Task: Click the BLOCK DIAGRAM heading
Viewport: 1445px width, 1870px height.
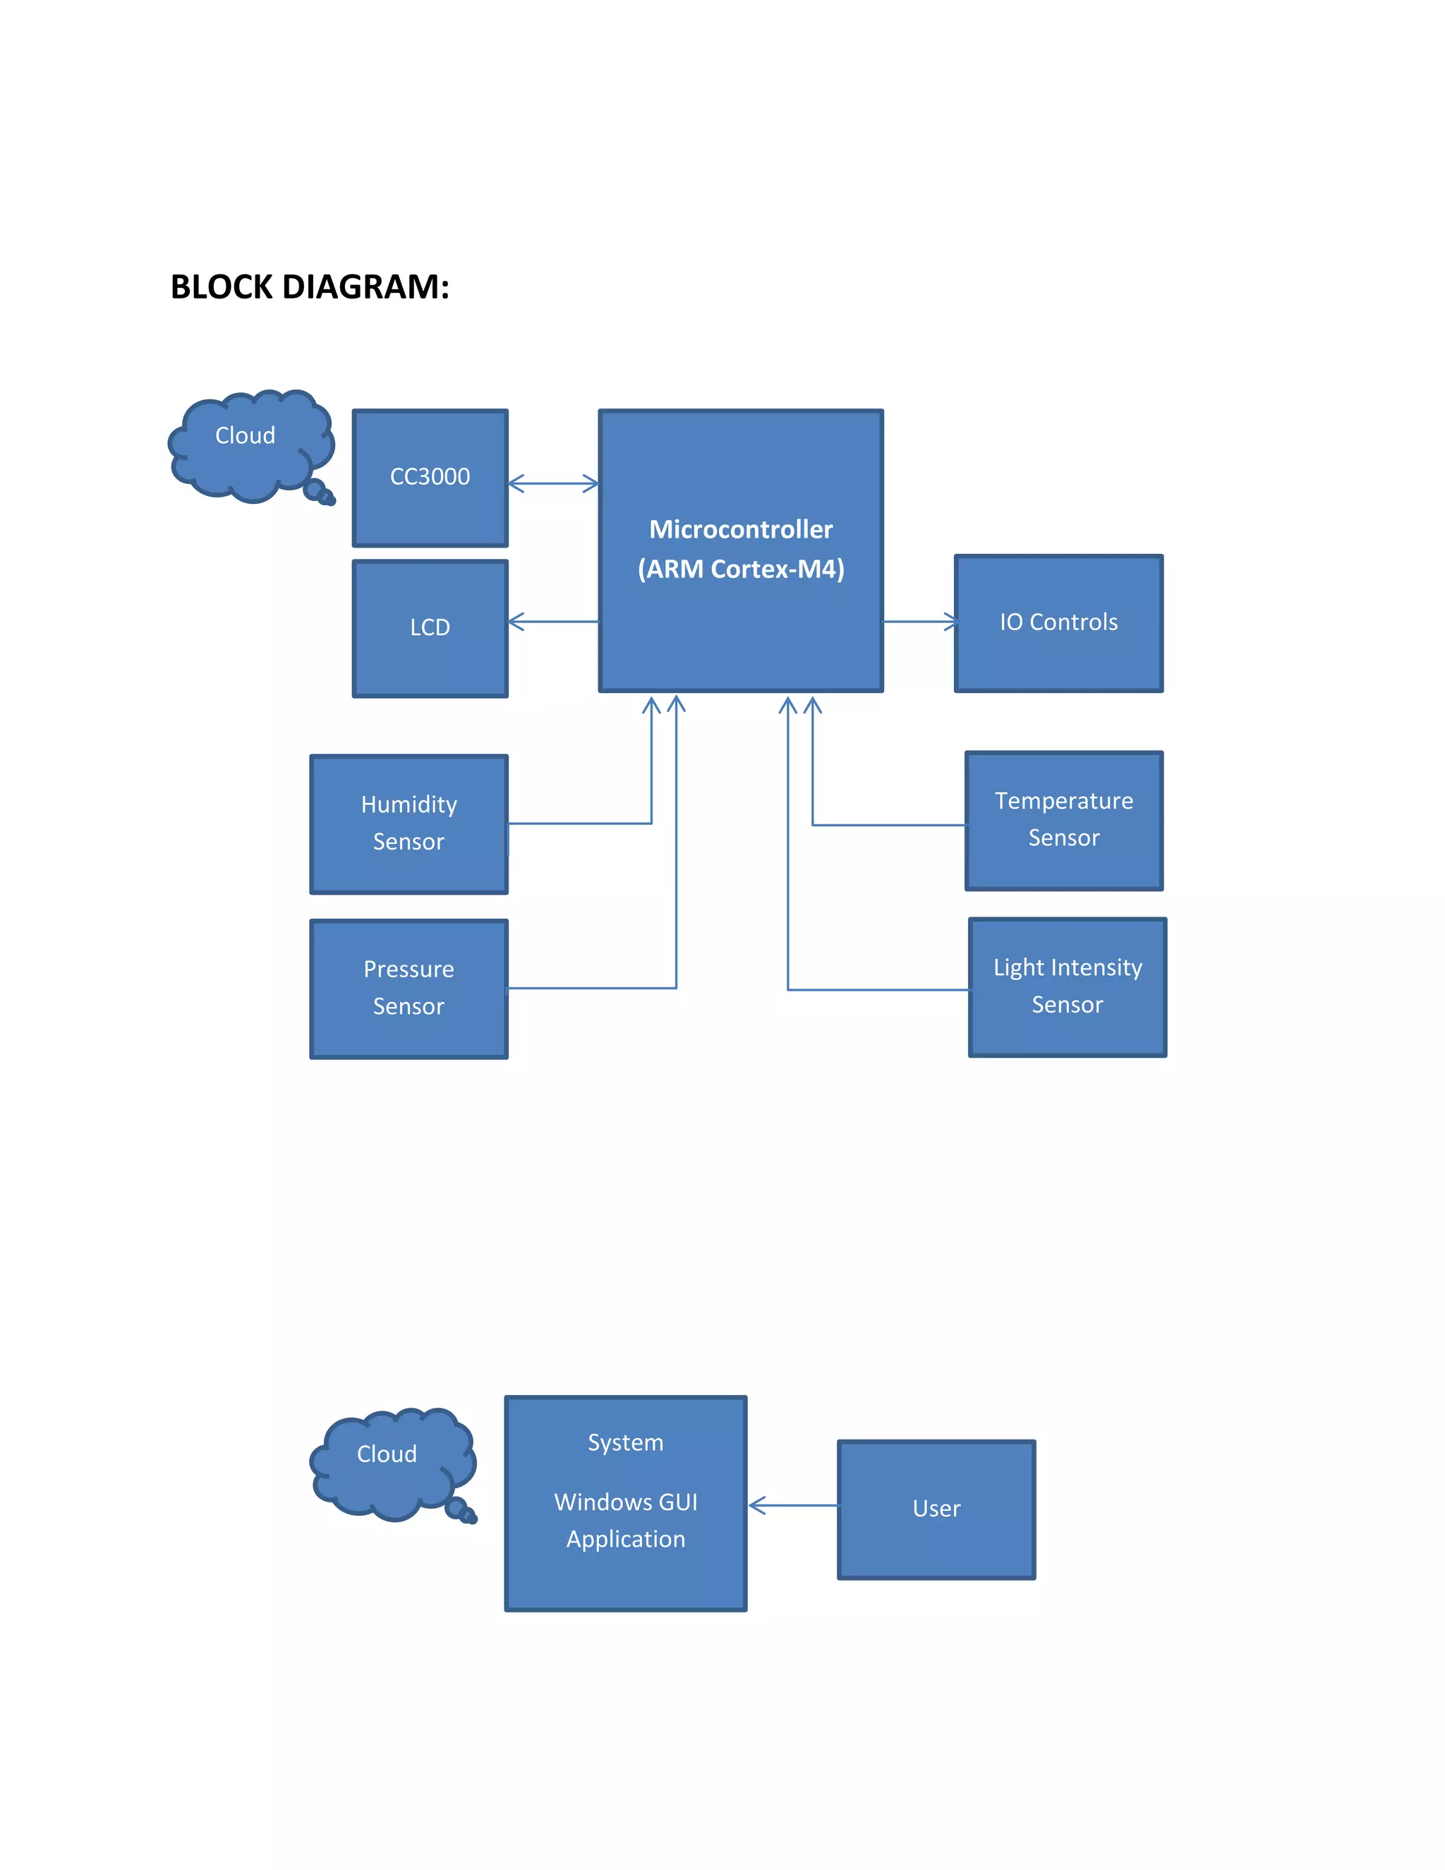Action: click(x=310, y=286)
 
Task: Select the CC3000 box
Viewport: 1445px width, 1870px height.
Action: click(x=430, y=477)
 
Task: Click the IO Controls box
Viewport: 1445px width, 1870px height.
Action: click(x=1058, y=622)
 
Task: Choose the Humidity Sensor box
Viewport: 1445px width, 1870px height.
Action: click(x=409, y=823)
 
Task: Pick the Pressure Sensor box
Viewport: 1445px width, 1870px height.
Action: click(x=409, y=988)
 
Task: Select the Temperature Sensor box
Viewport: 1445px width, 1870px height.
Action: click(x=1063, y=819)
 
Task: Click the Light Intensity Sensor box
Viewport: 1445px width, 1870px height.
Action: click(x=1067, y=987)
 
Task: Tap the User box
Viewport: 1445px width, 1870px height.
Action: click(x=936, y=1509)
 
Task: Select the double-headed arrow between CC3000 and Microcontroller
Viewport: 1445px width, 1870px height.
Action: click(x=553, y=484)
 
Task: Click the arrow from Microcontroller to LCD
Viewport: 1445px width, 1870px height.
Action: click(x=553, y=622)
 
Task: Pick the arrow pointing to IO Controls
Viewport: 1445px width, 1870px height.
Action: click(x=919, y=622)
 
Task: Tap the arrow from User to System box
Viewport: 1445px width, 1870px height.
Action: click(x=792, y=1505)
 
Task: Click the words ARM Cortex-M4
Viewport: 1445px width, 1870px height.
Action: click(x=740, y=569)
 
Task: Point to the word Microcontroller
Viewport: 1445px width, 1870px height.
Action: click(x=740, y=529)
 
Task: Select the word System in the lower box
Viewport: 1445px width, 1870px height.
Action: click(x=625, y=1443)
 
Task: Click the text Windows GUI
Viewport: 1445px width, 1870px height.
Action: click(x=625, y=1502)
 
